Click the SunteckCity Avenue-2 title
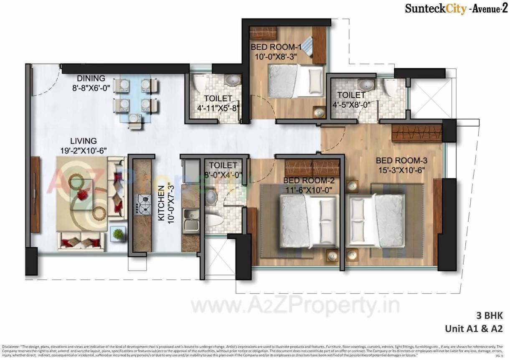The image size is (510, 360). click(453, 8)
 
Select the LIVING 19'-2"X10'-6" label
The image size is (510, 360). click(84, 146)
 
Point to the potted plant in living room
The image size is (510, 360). click(118, 234)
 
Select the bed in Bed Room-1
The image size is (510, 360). click(295, 80)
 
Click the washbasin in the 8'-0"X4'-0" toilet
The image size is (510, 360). click(211, 197)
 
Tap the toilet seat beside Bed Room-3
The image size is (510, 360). click(391, 87)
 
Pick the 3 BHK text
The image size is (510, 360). click(489, 315)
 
